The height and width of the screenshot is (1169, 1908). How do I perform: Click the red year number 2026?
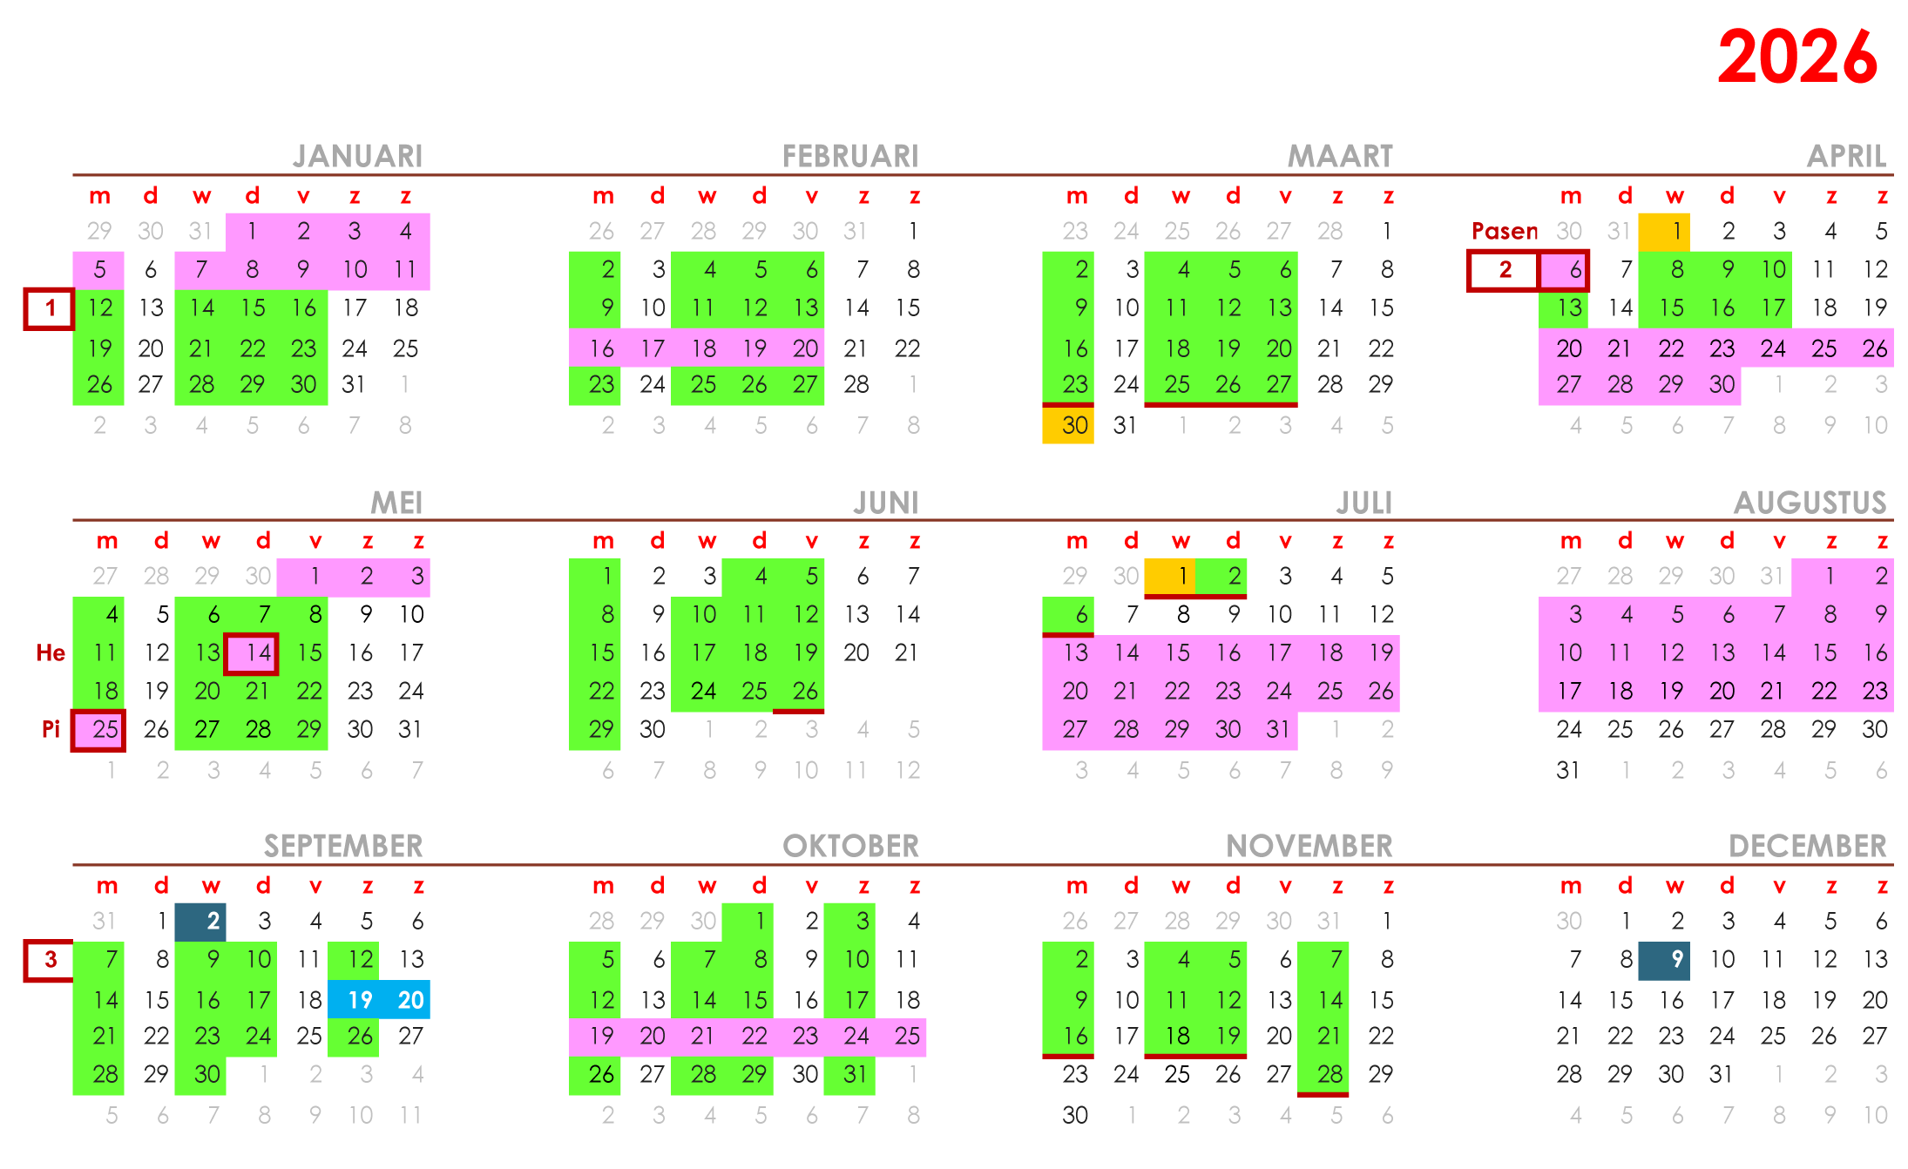coord(1796,57)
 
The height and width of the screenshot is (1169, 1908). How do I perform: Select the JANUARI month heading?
coord(357,156)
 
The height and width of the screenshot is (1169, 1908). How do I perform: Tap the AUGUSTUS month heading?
coord(1810,503)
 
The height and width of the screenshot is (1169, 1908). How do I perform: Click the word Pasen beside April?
coord(1505,231)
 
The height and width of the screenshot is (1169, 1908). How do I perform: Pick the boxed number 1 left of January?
coord(50,308)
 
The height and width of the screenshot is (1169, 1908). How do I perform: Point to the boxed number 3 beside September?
coord(50,960)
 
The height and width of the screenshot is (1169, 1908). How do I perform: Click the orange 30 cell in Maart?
coord(1068,425)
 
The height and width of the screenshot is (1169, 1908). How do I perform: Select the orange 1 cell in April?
coord(1664,232)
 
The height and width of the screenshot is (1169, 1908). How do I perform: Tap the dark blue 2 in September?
coord(200,922)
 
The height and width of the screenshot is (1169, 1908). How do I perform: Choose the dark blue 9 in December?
coord(1664,960)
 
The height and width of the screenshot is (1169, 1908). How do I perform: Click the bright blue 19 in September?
coord(354,999)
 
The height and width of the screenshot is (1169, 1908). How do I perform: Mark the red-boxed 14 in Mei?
coord(252,653)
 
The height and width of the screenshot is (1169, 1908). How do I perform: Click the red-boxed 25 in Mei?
coord(98,730)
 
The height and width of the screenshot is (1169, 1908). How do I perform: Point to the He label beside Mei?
coord(51,653)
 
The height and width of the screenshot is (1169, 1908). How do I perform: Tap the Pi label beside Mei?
coord(51,729)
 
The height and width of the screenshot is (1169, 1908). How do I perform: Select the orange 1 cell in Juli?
coord(1170,577)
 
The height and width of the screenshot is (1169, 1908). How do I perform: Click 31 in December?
coord(1721,1074)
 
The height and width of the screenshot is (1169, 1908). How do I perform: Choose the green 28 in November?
coord(1323,1074)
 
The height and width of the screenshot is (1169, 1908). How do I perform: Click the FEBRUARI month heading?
coord(850,156)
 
